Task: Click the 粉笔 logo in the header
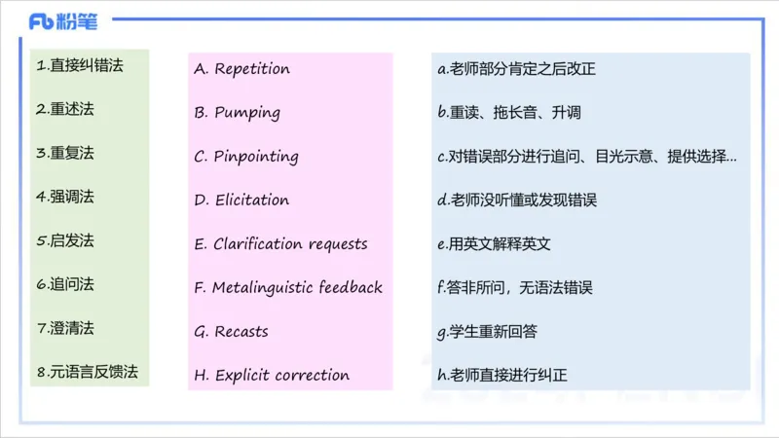(x=62, y=21)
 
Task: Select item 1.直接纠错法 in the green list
(x=80, y=66)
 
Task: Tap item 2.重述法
(x=65, y=109)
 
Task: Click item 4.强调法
(x=65, y=196)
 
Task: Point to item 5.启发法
(x=65, y=239)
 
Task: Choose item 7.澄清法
(x=65, y=327)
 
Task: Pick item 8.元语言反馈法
(x=87, y=371)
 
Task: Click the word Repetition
(x=252, y=69)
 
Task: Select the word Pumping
(x=247, y=112)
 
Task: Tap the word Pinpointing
(x=256, y=156)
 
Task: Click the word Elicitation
(x=251, y=200)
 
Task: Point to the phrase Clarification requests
(x=290, y=243)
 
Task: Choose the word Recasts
(x=241, y=331)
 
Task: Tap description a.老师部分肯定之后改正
(x=516, y=69)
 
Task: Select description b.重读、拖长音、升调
(x=508, y=113)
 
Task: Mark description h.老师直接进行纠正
(x=508, y=375)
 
